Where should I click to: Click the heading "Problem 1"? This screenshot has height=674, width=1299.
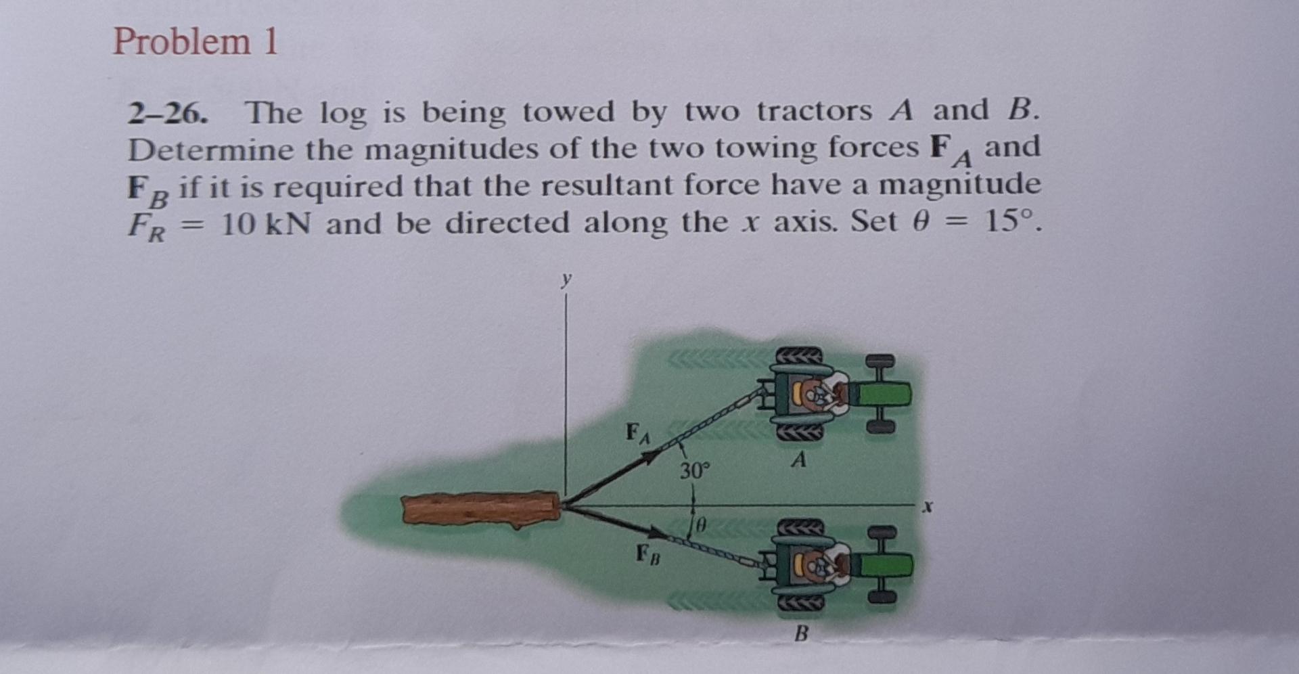point(195,42)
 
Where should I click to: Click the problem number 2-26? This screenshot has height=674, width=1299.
point(166,114)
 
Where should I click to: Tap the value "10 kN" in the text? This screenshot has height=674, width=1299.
point(266,223)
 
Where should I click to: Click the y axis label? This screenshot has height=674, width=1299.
point(566,278)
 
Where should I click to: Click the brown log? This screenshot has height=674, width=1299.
point(480,510)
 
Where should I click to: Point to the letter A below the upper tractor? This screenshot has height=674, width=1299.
point(800,460)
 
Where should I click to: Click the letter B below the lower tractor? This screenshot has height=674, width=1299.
point(801,634)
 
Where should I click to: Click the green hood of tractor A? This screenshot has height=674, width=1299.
point(883,393)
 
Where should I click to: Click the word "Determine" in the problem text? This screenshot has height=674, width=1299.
point(208,150)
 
